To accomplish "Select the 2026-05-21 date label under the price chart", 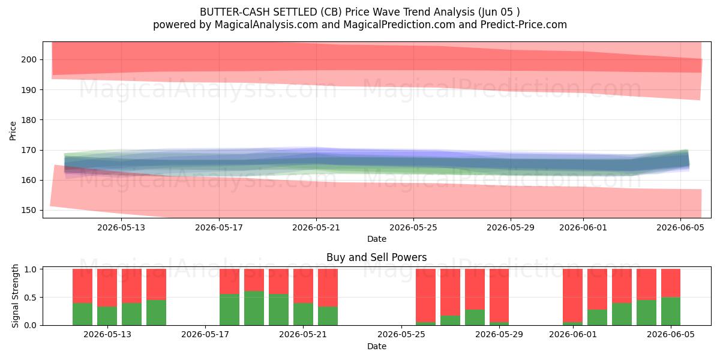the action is (x=316, y=227).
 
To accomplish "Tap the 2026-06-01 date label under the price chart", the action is (x=583, y=227).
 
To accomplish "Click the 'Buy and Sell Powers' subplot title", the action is (x=376, y=257).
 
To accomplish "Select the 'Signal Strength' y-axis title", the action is (x=15, y=296).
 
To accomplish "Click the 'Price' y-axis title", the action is (x=13, y=131).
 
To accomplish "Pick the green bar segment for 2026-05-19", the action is (x=254, y=308).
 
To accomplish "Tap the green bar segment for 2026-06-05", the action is (x=671, y=311).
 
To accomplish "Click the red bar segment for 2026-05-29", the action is (x=499, y=296).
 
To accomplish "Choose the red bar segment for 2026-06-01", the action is (x=572, y=296).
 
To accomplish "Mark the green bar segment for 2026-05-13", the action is (x=107, y=316).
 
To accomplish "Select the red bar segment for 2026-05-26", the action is (x=425, y=296).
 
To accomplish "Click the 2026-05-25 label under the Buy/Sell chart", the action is (x=401, y=334).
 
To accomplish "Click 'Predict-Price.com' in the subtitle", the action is (x=524, y=25).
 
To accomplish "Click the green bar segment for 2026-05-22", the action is (x=328, y=316).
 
